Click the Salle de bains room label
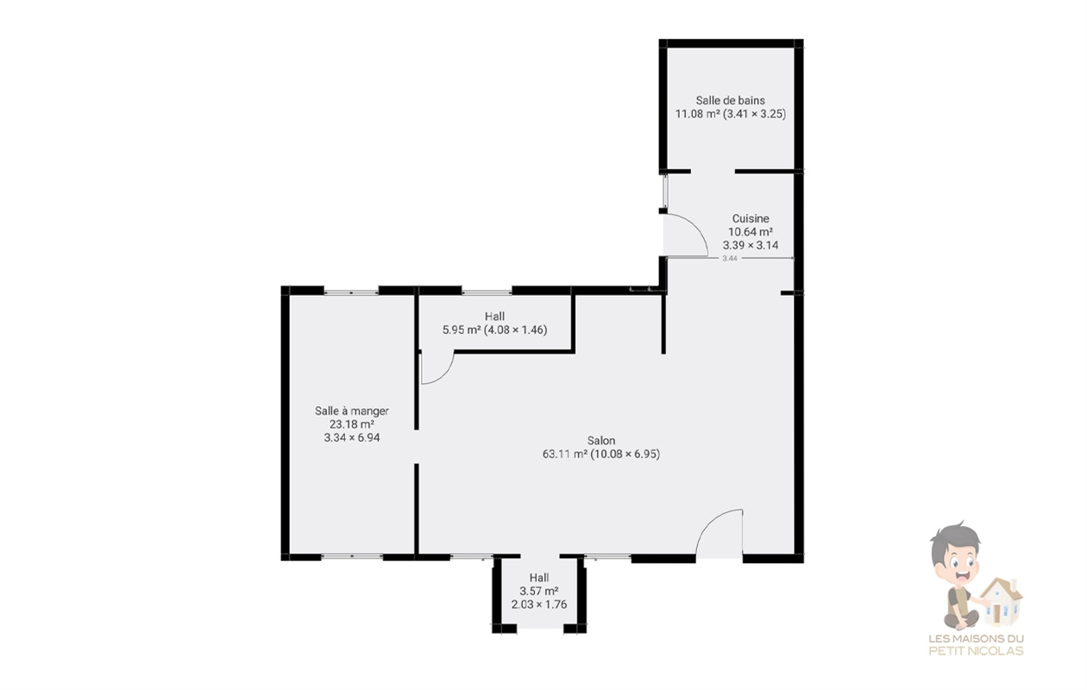click(731, 100)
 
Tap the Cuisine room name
click(751, 218)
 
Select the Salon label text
click(601, 441)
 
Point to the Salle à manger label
click(352, 411)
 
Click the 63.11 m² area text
click(565, 455)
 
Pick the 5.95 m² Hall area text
click(462, 330)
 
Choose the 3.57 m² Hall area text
click(539, 591)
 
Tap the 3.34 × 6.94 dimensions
click(352, 437)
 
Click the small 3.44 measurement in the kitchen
click(730, 259)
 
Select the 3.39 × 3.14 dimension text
click(751, 245)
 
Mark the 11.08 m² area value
click(698, 114)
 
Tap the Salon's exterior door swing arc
click(710, 522)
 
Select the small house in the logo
click(1001, 602)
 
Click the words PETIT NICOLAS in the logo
click(976, 651)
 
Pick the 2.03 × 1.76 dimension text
click(539, 605)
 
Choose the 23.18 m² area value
click(352, 424)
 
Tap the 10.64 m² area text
click(751, 232)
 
